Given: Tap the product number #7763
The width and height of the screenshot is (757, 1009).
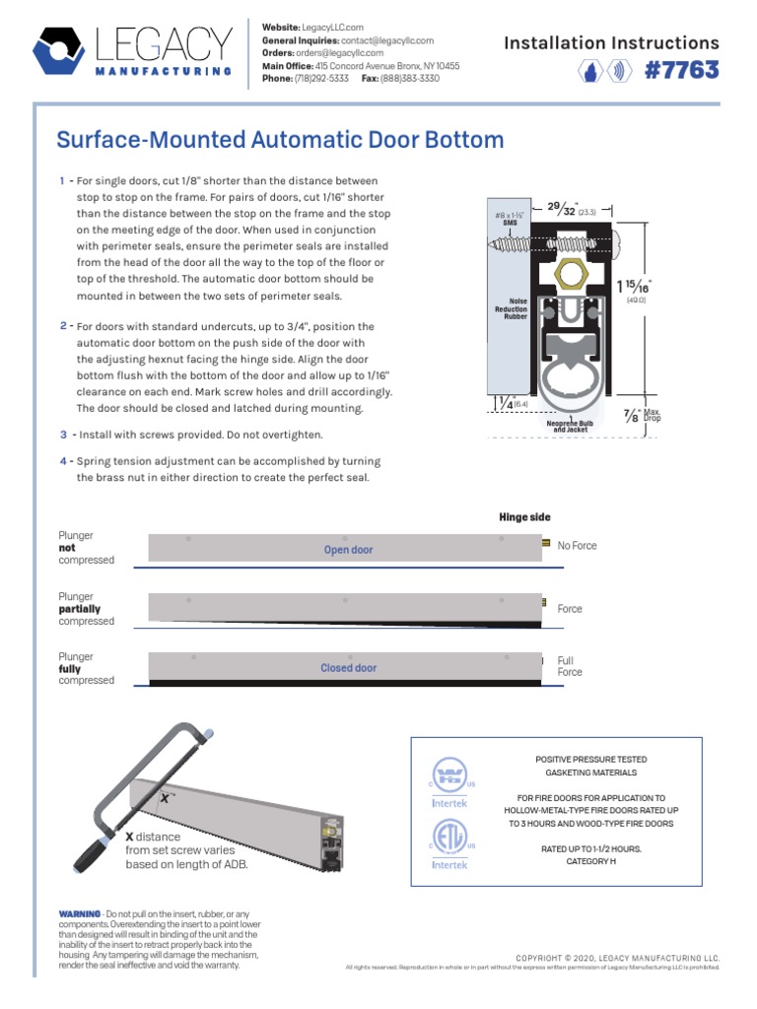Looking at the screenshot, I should click(680, 72).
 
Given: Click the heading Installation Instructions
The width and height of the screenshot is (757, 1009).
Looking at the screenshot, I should click(611, 42).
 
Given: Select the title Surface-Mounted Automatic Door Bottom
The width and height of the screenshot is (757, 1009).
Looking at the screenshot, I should click(280, 140).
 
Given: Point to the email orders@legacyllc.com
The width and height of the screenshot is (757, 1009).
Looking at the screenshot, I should click(350, 53).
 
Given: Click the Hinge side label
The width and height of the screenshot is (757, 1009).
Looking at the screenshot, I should click(524, 517).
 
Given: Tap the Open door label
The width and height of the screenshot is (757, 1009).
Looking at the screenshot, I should click(348, 550).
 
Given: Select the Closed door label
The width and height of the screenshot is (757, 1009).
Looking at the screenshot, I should click(348, 668).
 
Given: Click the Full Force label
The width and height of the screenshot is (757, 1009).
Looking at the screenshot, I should click(570, 667).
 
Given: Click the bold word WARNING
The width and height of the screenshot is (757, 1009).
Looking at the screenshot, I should click(80, 915).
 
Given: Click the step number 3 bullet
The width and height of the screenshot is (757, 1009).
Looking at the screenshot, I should click(63, 435).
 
